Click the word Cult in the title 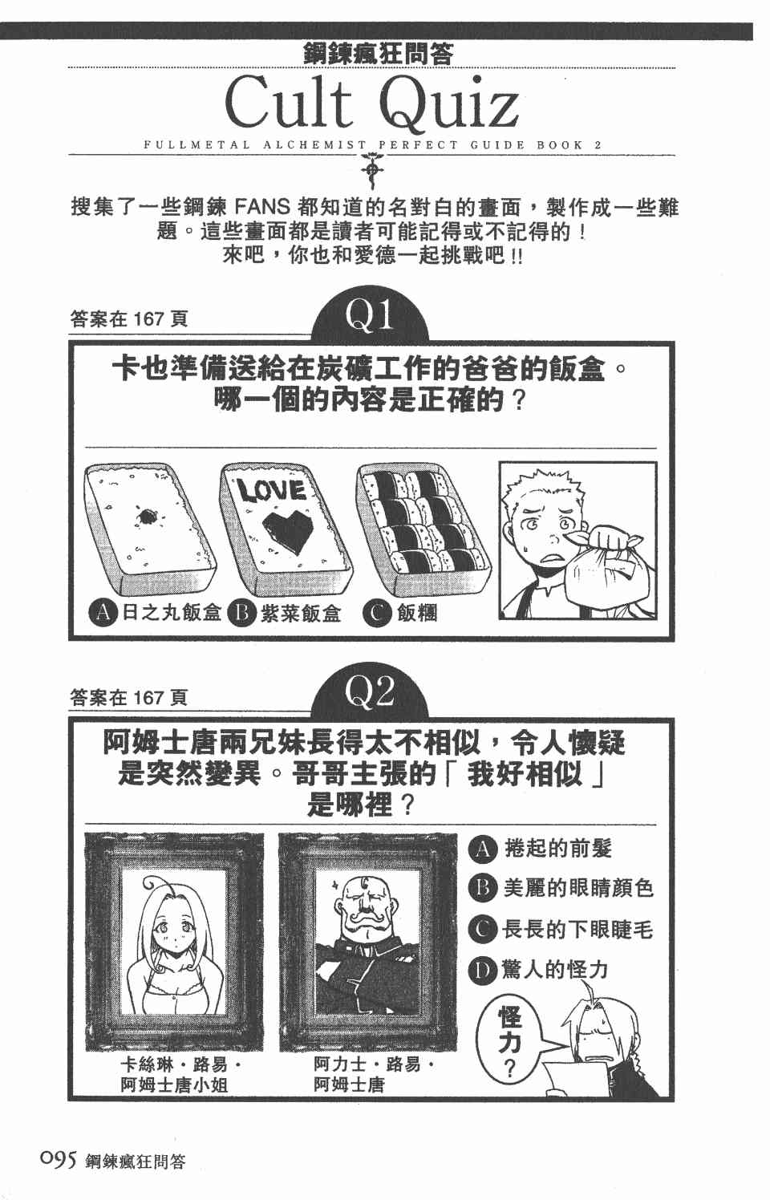[x=288, y=102]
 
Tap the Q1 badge [x=370, y=315]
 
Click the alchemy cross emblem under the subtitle [x=371, y=169]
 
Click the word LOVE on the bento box [x=272, y=490]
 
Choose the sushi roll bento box [x=423, y=527]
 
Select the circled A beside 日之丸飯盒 [x=103, y=613]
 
